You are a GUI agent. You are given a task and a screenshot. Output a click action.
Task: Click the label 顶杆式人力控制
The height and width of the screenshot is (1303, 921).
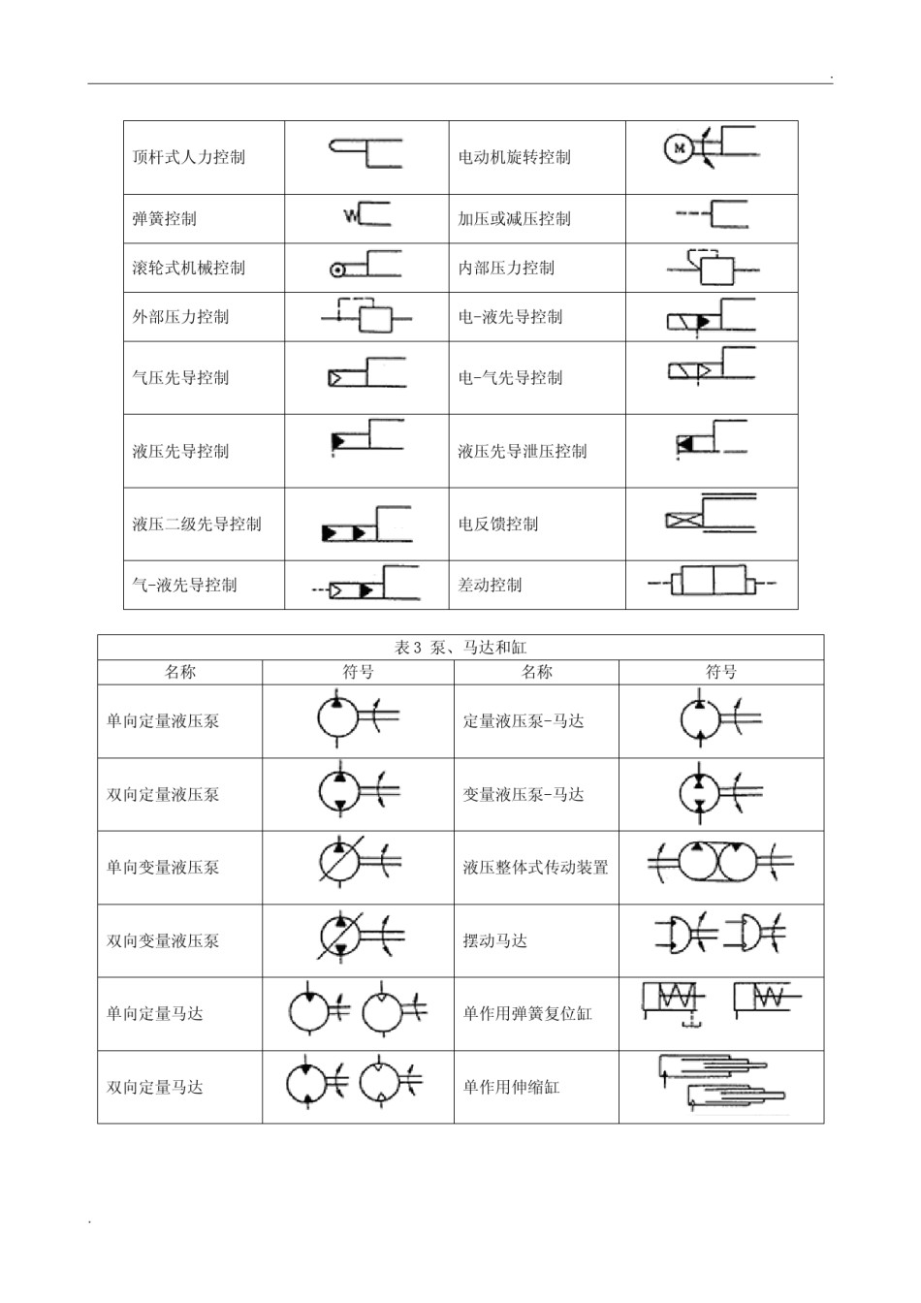188,157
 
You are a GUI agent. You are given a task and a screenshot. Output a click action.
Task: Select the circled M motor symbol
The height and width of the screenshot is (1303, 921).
680,148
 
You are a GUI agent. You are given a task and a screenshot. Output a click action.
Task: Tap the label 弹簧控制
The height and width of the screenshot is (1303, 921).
164,219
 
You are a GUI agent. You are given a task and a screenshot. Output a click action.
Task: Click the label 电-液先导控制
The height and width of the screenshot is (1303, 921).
510,317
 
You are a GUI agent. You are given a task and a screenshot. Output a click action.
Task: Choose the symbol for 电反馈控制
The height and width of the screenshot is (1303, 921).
710,513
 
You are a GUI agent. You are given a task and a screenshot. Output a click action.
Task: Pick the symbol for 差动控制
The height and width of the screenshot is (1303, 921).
713,583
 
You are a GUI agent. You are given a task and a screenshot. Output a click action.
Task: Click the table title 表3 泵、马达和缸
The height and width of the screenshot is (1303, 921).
460,648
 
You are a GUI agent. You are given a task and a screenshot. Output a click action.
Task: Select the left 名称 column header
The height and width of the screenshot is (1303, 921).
179,672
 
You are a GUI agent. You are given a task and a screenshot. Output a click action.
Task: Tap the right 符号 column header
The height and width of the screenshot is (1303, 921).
721,672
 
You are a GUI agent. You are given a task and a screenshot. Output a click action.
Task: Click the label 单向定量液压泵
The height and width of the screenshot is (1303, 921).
163,721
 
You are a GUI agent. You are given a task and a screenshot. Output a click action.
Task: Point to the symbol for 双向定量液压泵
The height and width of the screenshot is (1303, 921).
356,792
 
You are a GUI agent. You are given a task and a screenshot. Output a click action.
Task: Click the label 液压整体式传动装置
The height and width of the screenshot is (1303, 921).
535,868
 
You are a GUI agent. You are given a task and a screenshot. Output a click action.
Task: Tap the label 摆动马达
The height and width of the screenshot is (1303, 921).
494,940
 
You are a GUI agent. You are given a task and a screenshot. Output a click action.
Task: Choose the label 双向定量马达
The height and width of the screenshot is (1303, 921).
155,1087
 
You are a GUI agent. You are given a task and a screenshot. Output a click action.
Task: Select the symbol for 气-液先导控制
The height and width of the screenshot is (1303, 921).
365,587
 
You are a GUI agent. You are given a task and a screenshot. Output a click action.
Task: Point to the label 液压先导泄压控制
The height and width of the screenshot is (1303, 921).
523,451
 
